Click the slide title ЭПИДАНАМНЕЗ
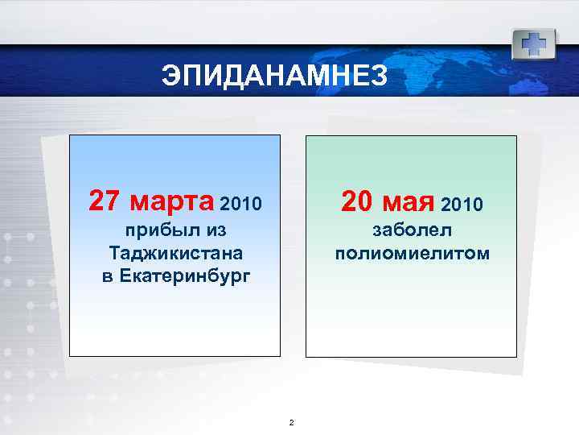[274, 77]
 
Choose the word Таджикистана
[175, 254]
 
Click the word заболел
[412, 230]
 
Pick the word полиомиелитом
[412, 254]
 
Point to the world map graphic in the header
[450, 68]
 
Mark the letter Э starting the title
[170, 77]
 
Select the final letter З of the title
[379, 77]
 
